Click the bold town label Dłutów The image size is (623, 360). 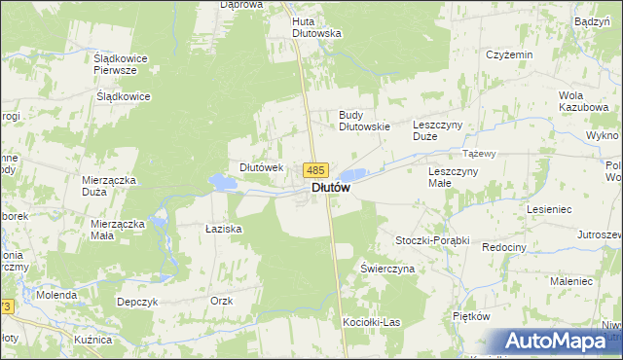coord(331,189)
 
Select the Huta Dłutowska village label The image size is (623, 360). coord(317,26)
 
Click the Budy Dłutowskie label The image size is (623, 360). coord(364,120)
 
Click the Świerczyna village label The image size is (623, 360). coord(387,268)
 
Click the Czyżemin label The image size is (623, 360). coord(509,54)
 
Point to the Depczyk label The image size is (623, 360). coord(136,302)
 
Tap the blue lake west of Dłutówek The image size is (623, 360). coord(222,181)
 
